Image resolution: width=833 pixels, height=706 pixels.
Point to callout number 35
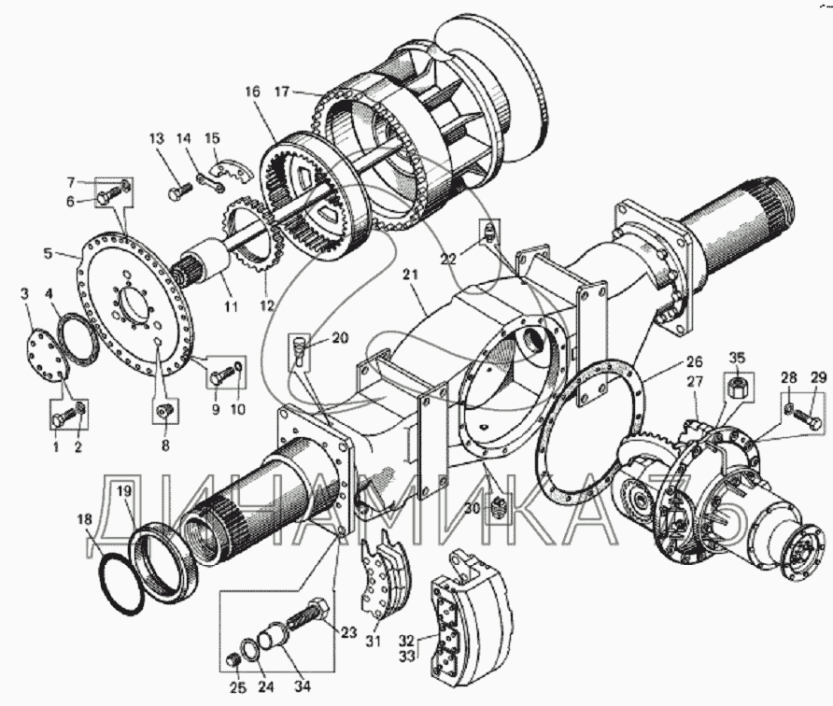738,357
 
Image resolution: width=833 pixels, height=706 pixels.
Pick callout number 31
374,641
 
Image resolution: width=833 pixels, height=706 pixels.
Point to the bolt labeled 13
178,192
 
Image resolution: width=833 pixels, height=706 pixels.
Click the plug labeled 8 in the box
164,412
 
